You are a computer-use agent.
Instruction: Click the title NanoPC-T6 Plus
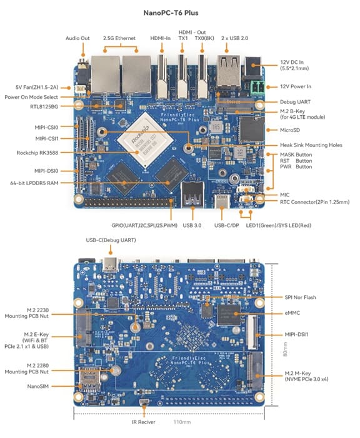click(x=179, y=12)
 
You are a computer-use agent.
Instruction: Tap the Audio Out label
click(x=77, y=38)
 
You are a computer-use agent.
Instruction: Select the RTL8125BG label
click(x=45, y=107)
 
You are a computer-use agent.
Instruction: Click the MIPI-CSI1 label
click(x=47, y=138)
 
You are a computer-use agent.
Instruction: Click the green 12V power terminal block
click(x=256, y=86)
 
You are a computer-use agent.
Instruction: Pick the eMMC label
click(x=292, y=312)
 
